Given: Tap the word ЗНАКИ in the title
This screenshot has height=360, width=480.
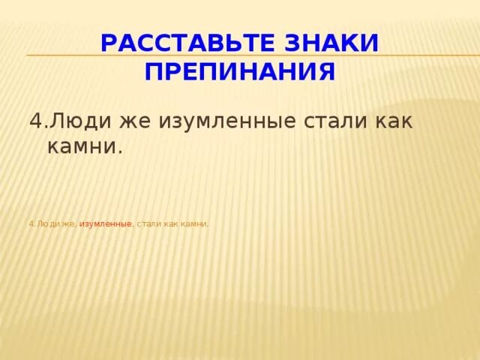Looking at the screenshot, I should pyautogui.click(x=337, y=43).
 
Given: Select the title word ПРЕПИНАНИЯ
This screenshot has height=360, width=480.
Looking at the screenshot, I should pyautogui.click(x=240, y=72).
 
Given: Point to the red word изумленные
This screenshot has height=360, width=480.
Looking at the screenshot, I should pyautogui.click(x=106, y=223).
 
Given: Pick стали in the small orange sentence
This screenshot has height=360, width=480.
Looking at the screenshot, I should pyautogui.click(x=149, y=223).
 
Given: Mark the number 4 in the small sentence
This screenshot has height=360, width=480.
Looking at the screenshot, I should pyautogui.click(x=31, y=223).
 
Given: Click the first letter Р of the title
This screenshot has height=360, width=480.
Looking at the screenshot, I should pyautogui.click(x=108, y=43).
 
